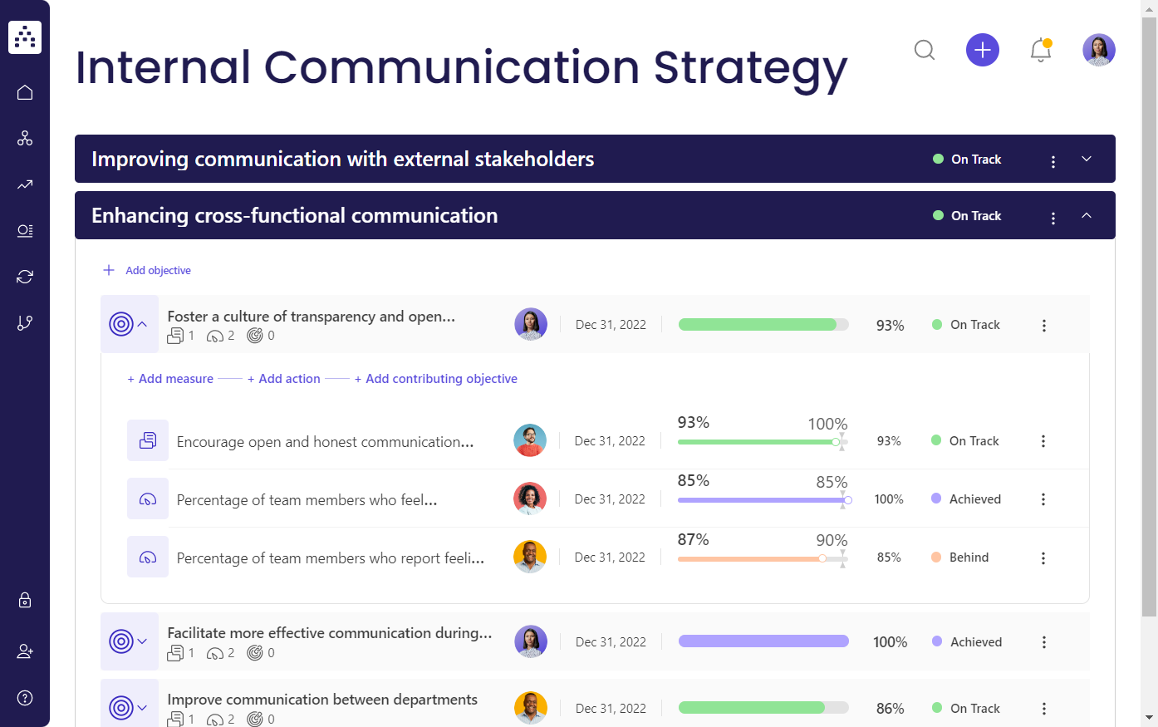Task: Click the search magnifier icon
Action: point(924,51)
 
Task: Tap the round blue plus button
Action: point(982,51)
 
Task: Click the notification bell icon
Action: point(1040,51)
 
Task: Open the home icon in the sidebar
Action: point(25,92)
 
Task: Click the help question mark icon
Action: point(25,698)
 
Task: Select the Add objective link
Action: point(158,271)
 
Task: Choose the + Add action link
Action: point(284,379)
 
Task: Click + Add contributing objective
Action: point(436,379)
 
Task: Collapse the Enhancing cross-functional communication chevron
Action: point(1087,216)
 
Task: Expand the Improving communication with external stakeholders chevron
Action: point(1087,160)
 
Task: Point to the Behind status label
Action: point(969,558)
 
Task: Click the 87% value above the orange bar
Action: point(693,540)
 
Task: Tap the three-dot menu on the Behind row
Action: point(1043,558)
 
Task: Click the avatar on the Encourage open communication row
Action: point(530,441)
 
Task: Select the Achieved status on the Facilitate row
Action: point(975,642)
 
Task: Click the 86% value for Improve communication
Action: point(890,709)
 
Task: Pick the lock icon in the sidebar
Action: point(25,600)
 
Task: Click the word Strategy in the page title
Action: point(750,68)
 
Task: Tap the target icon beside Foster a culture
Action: point(121,324)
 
